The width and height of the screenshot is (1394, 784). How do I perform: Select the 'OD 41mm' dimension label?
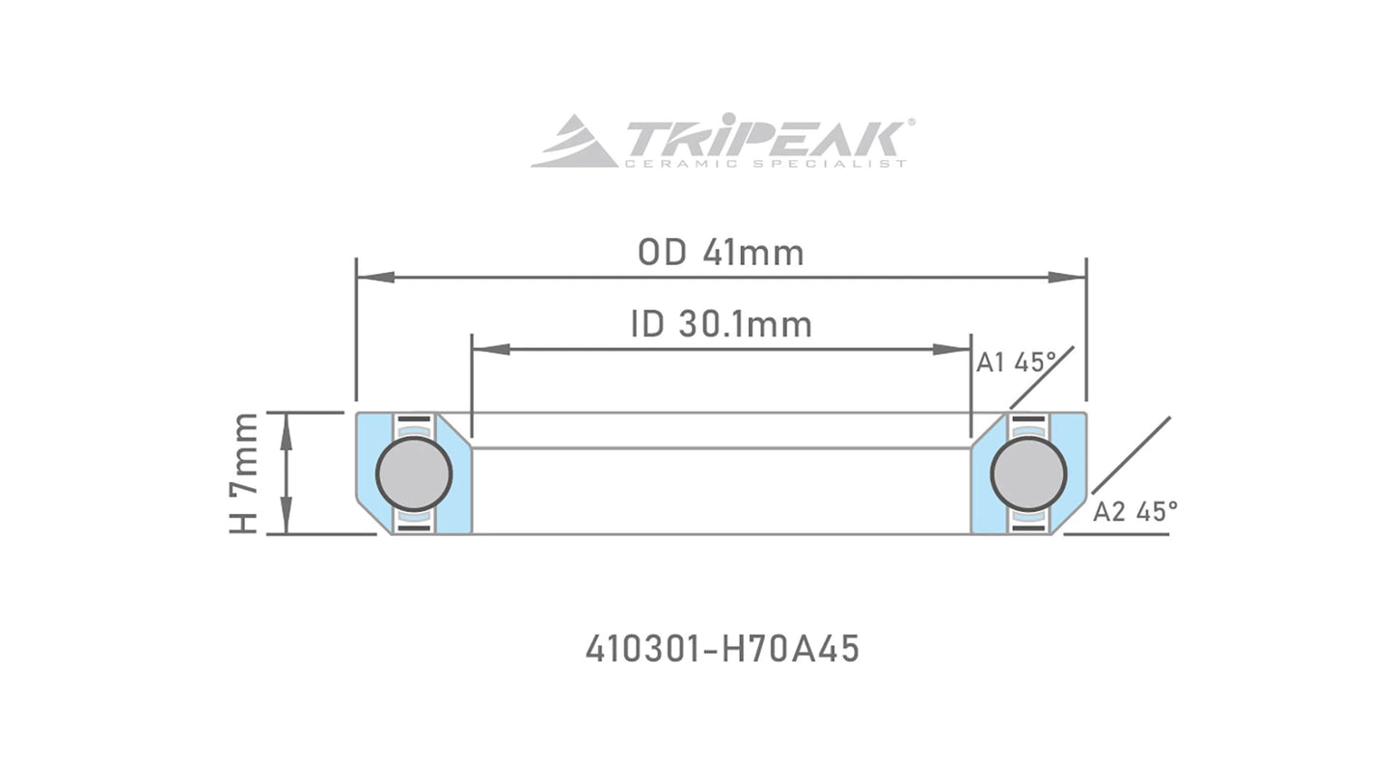[x=721, y=253]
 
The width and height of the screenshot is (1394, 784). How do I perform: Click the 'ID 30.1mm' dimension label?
[x=721, y=324]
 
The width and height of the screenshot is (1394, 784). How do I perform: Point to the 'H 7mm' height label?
[x=244, y=473]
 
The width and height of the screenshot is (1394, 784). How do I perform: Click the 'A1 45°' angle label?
[x=1016, y=363]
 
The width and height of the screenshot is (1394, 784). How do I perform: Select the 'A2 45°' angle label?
[x=1134, y=512]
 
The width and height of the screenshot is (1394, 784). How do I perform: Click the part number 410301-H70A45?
[x=722, y=649]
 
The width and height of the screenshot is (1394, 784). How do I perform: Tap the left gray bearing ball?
[x=414, y=473]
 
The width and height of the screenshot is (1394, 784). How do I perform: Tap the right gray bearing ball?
[x=1028, y=473]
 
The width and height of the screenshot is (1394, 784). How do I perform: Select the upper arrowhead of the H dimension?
[x=287, y=429]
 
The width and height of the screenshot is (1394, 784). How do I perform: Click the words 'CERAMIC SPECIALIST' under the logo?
[x=765, y=164]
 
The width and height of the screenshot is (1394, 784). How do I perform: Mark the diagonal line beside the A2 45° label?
[x=1131, y=456]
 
